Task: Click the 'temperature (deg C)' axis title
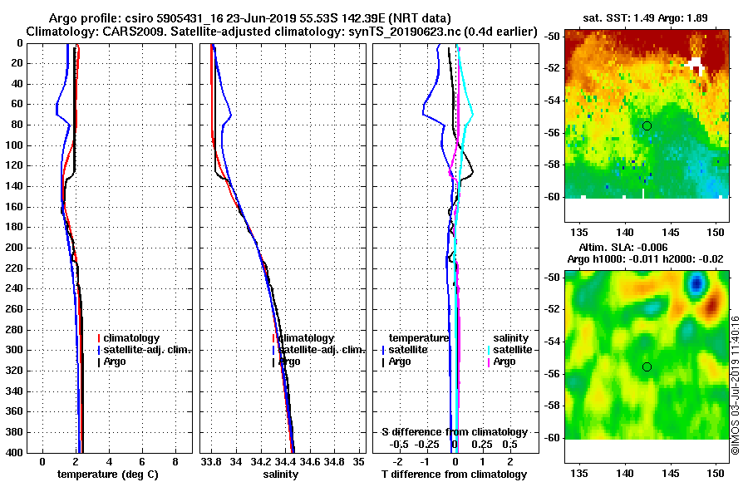pos(108,475)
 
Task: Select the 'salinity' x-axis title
pos(281,475)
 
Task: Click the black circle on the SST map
pos(647,125)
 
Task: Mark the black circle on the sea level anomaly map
pos(647,366)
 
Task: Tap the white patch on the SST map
pos(696,66)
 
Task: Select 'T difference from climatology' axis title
pos(454,475)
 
